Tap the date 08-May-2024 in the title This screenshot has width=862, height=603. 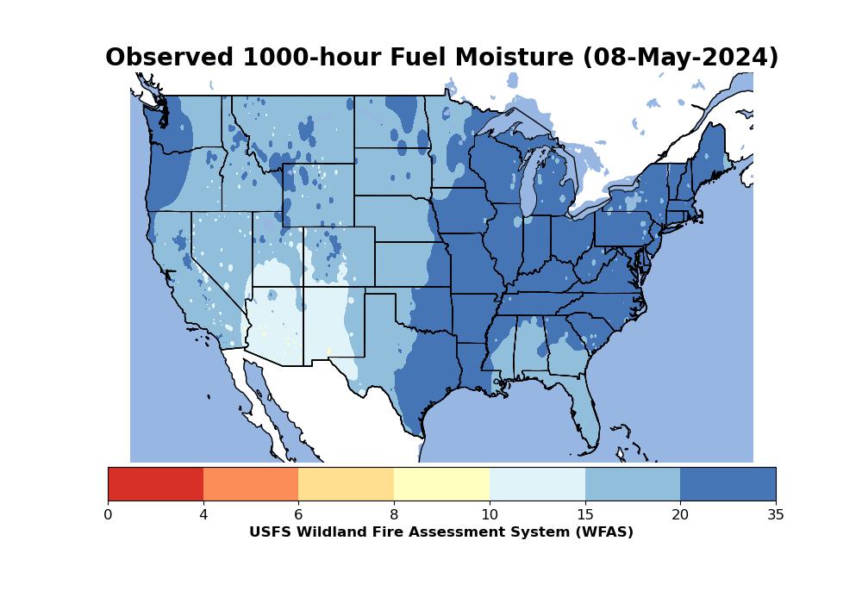pyautogui.click(x=681, y=58)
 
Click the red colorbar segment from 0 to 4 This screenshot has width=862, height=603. pyautogui.click(x=155, y=484)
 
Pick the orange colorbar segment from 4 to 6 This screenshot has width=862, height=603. pyautogui.click(x=251, y=484)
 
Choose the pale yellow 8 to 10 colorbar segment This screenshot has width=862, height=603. pyautogui.click(x=442, y=484)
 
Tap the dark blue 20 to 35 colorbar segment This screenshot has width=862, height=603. pyautogui.click(x=728, y=484)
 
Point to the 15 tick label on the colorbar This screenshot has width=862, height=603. pyautogui.click(x=585, y=514)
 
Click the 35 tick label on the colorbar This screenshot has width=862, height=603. pyautogui.click(x=776, y=514)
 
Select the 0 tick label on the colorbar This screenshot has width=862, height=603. pyautogui.click(x=108, y=514)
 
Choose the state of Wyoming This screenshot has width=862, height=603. pyautogui.click(x=318, y=195)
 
